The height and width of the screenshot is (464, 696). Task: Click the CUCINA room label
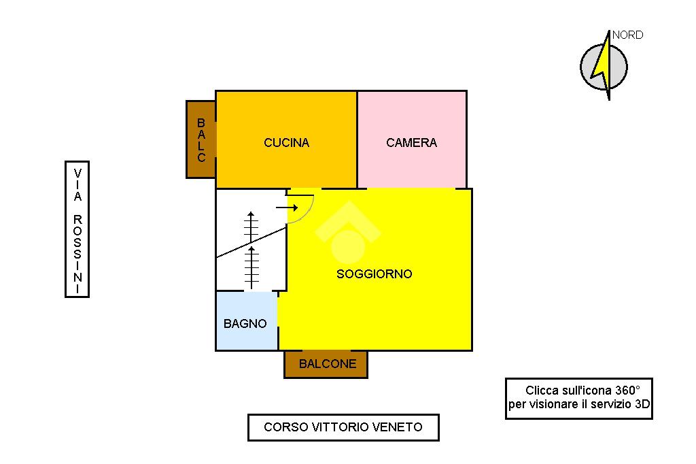(x=286, y=143)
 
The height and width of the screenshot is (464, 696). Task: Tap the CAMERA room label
(x=411, y=143)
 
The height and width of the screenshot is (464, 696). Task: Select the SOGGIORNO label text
(x=375, y=274)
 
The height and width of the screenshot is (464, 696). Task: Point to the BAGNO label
(x=245, y=324)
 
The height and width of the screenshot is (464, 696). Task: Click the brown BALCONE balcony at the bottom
(x=327, y=364)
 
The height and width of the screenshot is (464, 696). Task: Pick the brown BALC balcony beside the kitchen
(x=201, y=140)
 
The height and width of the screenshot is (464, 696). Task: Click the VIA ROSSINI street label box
(x=77, y=229)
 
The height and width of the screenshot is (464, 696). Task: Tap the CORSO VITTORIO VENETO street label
(x=343, y=427)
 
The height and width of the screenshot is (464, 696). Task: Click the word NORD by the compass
(x=627, y=35)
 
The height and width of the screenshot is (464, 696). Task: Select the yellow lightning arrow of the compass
(x=602, y=65)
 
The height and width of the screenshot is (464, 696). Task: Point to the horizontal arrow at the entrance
(x=287, y=207)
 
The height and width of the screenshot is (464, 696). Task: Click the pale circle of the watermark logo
(x=348, y=246)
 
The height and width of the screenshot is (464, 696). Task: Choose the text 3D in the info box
(x=642, y=405)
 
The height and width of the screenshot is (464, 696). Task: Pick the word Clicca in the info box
(x=542, y=391)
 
